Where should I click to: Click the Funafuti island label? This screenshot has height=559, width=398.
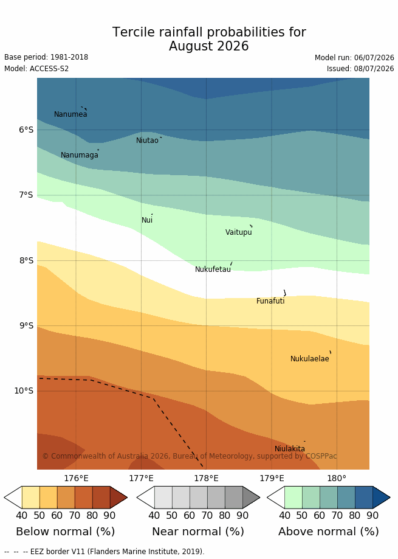tap(270, 301)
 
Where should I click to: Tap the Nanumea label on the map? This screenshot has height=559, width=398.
tap(70, 114)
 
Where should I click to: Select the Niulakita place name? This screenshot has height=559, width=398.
tap(290, 449)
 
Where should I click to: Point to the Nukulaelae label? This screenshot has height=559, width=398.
tap(310, 359)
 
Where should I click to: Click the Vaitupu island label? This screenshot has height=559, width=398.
tap(239, 232)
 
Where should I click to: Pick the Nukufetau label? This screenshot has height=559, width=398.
tap(213, 269)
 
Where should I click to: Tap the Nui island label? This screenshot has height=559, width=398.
tap(147, 220)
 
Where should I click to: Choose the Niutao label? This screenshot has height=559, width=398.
tap(147, 141)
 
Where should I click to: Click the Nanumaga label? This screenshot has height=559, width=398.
tap(80, 155)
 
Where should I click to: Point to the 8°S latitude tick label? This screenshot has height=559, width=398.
tap(26, 260)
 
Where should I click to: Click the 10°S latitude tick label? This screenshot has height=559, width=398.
tap(24, 391)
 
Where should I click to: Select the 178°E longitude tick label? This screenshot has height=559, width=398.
tap(207, 478)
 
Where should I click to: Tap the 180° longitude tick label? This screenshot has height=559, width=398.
tap(337, 478)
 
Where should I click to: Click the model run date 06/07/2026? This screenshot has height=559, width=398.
tap(374, 58)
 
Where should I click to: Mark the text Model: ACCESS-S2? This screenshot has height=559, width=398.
tap(36, 69)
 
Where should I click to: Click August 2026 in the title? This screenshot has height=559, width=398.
tap(209, 46)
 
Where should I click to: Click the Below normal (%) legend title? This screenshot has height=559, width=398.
tap(66, 532)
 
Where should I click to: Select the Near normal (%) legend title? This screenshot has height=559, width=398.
tap(198, 532)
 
